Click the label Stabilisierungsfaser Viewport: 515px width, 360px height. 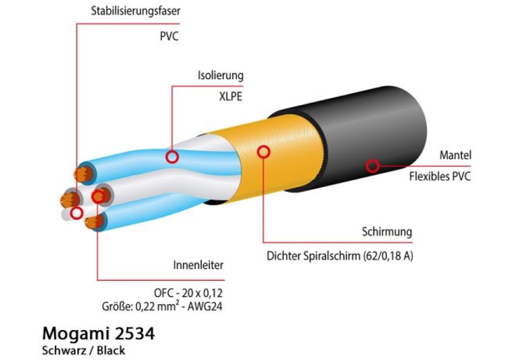tap(136, 11)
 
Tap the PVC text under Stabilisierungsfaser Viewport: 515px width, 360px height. tap(169, 36)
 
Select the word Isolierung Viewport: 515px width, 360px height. tap(220, 75)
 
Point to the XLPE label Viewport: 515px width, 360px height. tap(231, 96)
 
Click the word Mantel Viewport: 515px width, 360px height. tap(455, 155)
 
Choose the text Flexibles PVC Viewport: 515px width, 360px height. tap(440, 177)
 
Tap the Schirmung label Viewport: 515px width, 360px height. tap(387, 232)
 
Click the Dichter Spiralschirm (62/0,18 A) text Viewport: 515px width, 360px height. tap(340, 255)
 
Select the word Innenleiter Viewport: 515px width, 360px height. tap(198, 265)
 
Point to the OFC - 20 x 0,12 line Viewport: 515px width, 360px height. tap(188, 292)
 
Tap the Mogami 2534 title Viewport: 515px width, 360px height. tap(98, 334)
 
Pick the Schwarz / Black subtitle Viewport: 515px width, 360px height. tap(83, 351)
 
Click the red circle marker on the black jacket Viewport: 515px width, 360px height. tap(372, 166)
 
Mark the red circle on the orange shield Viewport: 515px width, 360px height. tap(264, 151)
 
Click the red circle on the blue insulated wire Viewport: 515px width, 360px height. tap(172, 157)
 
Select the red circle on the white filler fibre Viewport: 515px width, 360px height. tap(77, 213)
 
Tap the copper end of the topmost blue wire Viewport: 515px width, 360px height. tap(83, 174)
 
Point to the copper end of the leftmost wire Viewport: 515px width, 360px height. tap(69, 200)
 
